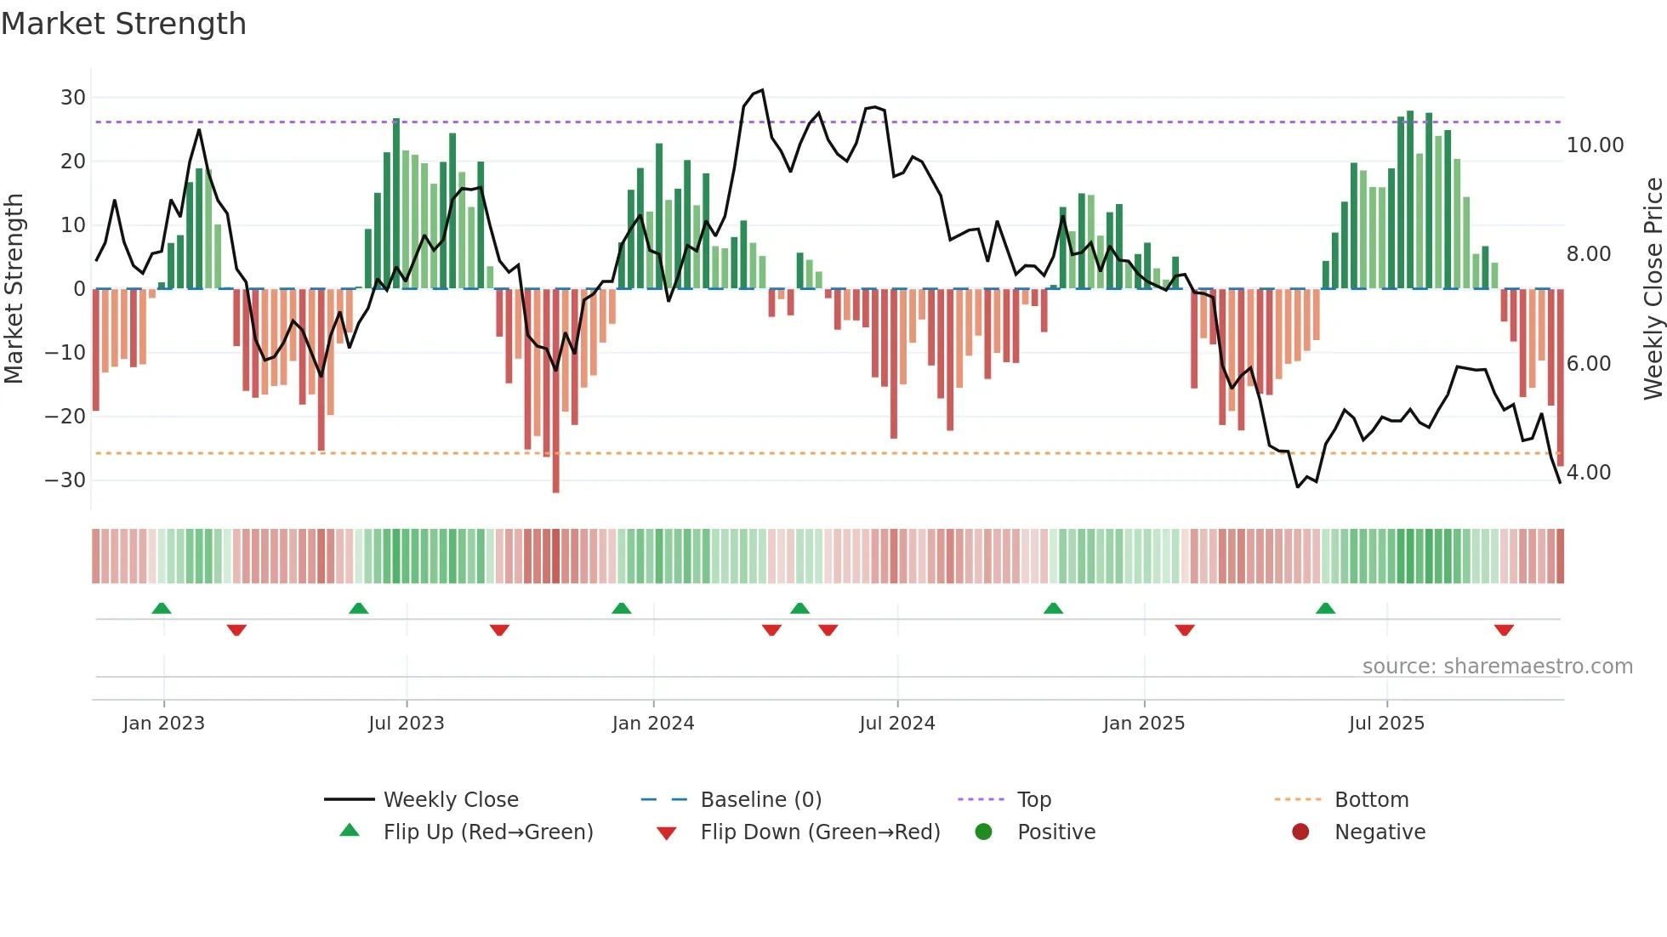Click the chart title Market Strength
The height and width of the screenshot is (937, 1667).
click(x=123, y=24)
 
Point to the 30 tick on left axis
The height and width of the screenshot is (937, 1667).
click(x=73, y=98)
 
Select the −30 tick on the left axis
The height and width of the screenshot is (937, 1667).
click(x=66, y=480)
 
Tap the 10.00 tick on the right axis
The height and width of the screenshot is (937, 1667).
click(x=1595, y=145)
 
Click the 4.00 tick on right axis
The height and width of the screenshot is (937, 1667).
click(x=1588, y=473)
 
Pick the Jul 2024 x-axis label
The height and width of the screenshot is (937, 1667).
click(x=896, y=724)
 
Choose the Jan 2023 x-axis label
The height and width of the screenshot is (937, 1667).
click(x=163, y=724)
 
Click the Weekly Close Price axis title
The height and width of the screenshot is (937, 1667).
click(x=1653, y=289)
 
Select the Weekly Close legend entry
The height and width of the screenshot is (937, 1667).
click(x=450, y=800)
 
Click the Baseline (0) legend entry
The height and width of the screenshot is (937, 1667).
click(x=760, y=800)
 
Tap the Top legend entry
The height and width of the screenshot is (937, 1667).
click(x=1033, y=800)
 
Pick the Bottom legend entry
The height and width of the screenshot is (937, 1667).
click(x=1371, y=800)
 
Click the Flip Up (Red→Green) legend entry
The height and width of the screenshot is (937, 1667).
click(x=487, y=832)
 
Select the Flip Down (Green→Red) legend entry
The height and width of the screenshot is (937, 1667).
click(x=819, y=832)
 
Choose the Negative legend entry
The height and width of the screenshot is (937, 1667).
click(x=1379, y=832)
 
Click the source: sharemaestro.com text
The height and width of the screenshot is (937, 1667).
click(x=1497, y=667)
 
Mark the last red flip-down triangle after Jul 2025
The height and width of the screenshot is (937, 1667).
click(x=1504, y=630)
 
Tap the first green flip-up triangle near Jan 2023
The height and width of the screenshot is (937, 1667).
click(x=162, y=608)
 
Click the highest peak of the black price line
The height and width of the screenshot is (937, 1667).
click(x=762, y=90)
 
